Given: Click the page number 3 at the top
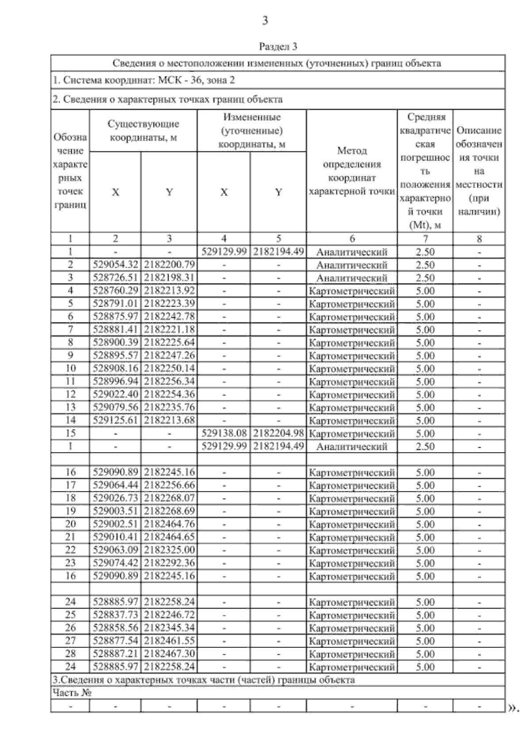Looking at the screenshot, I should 265,20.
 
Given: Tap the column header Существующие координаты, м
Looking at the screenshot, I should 143,130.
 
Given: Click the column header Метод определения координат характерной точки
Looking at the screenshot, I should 352,171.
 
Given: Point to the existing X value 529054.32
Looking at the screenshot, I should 115,265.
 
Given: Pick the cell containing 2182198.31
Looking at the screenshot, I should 169,278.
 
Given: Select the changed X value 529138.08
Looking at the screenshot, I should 224,434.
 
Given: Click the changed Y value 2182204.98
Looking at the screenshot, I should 278,434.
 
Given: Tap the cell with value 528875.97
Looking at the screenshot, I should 115,317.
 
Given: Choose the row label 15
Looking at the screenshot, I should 70,434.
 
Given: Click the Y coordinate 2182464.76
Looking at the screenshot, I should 169,524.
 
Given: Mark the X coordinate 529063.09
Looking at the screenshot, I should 115,550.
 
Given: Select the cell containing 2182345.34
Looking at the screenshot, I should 169,628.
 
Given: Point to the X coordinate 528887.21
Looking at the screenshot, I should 115,654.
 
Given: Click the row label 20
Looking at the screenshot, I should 70,524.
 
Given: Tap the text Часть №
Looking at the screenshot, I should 72,693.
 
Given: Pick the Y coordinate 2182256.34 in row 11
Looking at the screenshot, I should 169,381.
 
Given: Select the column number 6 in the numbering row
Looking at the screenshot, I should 352,239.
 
